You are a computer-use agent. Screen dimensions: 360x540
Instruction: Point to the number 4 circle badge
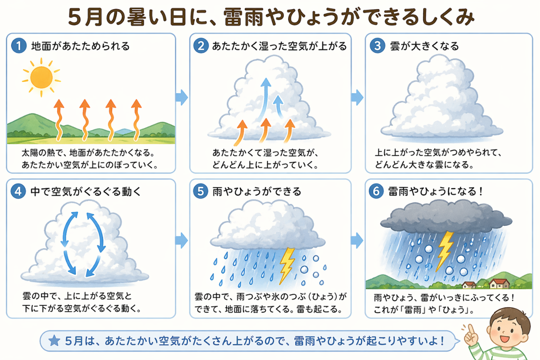coord(18,191)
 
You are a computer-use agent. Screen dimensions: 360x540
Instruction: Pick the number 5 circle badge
coord(201,191)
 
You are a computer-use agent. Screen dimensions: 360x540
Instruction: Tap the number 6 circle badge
coord(377,191)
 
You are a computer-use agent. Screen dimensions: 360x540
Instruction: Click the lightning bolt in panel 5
coord(287,265)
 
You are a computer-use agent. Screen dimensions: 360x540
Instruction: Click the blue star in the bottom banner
coord(54,341)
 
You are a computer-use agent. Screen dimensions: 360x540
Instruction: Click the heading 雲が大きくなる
coord(424,46)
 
